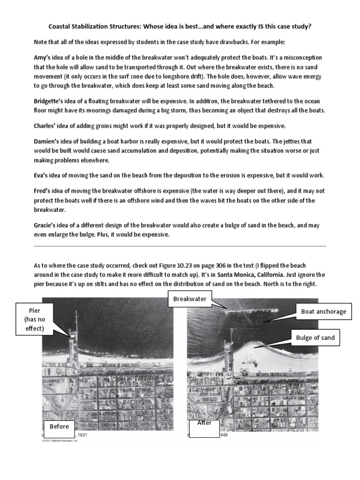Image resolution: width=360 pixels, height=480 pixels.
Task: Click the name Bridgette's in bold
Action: pos(50,101)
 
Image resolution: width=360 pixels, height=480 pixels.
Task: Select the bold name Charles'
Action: pos(46,126)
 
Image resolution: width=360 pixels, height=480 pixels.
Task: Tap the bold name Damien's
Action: pos(47,141)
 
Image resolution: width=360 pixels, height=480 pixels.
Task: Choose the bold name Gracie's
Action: pos(46,225)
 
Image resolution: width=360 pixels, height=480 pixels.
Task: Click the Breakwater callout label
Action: pos(190,299)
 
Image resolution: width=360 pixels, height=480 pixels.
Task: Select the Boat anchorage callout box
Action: pos(323,311)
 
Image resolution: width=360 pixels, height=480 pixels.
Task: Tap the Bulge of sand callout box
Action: pos(315,337)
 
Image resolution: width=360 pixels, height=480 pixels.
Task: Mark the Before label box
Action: pos(60,427)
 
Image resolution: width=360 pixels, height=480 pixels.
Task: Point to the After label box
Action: pos(204,427)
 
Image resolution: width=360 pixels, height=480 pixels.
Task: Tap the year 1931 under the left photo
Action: pos(82,435)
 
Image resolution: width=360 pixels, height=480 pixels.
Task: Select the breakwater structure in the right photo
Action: pos(251,309)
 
